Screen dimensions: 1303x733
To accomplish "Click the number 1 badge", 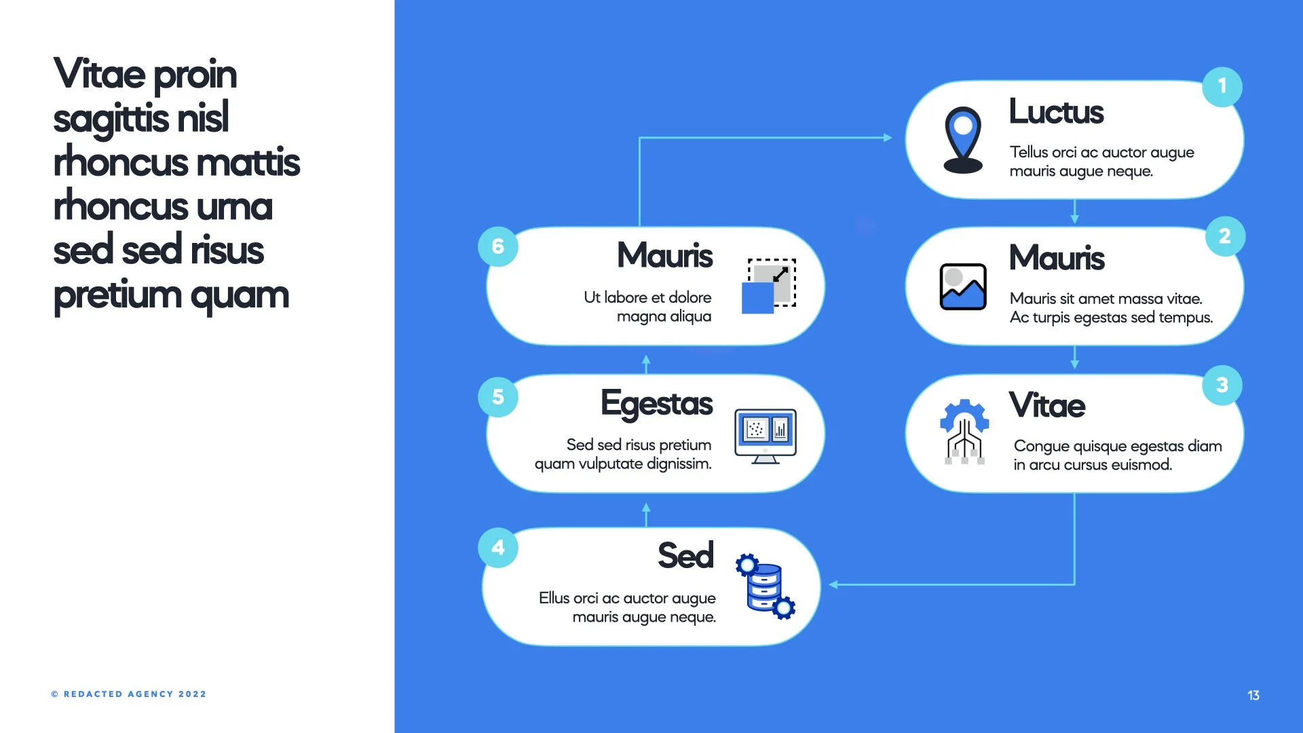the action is pos(1222,86).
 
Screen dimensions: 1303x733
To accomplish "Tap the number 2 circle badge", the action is pos(1225,236).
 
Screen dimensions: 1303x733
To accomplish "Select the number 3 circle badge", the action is pos(1222,385).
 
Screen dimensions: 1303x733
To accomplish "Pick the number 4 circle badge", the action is pos(498,547).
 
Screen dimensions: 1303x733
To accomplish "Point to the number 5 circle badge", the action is pos(498,397).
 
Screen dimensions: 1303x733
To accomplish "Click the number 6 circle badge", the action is pos(498,246).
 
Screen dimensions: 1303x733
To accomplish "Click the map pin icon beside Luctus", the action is pos(963,140).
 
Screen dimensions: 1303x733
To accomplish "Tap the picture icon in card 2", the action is pos(963,286).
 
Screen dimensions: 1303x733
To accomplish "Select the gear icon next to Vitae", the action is pos(964,432).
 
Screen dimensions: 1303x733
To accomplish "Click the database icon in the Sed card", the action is pos(766,585).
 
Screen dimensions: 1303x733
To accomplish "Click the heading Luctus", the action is pos(1056,112).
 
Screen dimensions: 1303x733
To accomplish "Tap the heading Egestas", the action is pos(656,404).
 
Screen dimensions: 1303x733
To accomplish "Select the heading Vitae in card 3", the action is pos(1046,405).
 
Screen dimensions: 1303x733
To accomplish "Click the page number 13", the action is pos(1253,695).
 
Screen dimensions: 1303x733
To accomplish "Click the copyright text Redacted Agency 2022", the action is pos(129,694).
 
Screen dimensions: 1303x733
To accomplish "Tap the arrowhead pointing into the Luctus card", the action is pos(888,138).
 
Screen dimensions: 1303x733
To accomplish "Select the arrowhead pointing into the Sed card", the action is pos(833,584).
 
